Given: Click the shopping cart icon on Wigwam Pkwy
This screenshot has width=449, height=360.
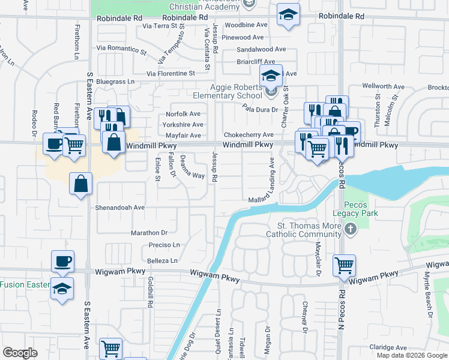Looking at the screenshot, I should [344, 265].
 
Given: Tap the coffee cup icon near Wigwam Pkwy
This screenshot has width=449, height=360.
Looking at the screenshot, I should [62, 261].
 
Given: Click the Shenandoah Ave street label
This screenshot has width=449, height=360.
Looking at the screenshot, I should [120, 207].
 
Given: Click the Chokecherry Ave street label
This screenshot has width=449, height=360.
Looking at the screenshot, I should [249, 135].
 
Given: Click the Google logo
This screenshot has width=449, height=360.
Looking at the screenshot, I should [20, 352].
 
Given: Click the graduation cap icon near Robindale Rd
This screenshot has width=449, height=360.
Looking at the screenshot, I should [288, 16].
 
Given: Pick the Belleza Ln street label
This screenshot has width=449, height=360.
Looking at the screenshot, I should [162, 261].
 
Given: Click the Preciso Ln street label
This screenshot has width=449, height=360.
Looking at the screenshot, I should [164, 245].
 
